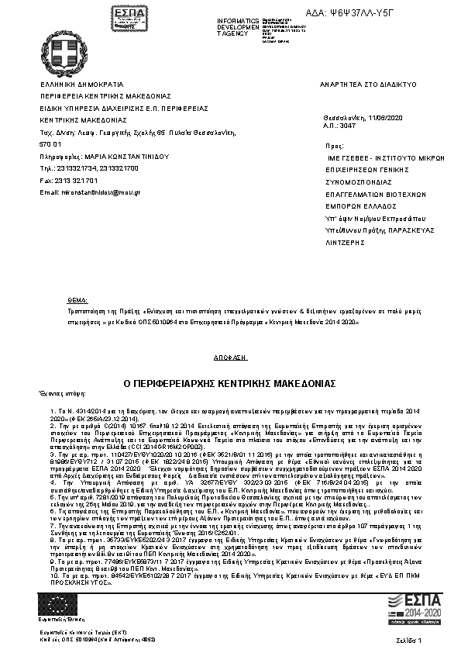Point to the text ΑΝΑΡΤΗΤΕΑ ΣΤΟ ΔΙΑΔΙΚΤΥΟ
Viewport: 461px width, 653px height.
pos(368,83)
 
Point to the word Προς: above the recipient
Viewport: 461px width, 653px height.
pos(335,145)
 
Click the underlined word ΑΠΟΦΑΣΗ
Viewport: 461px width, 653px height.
pos(230,357)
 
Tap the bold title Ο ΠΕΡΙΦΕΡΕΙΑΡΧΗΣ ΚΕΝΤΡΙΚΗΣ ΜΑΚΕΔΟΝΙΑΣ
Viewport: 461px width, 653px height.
pos(230,383)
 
